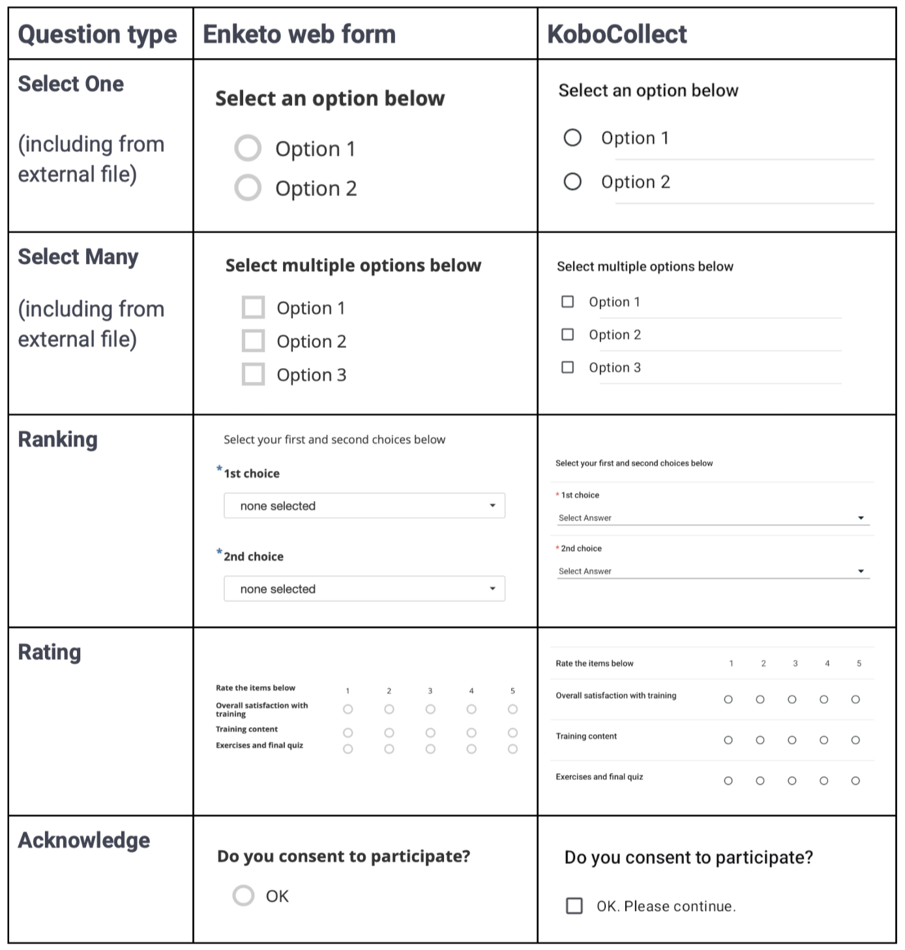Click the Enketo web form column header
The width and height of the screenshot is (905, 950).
pyautogui.click(x=299, y=35)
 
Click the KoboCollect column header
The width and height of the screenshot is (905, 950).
pyautogui.click(x=617, y=35)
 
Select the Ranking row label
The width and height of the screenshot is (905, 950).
pyautogui.click(x=57, y=440)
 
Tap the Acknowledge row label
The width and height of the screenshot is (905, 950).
pyautogui.click(x=83, y=841)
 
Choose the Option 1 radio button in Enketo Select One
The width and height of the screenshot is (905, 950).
pyautogui.click(x=248, y=149)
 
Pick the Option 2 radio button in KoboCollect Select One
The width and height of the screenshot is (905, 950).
pyautogui.click(x=572, y=181)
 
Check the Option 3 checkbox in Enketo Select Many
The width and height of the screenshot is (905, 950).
pyautogui.click(x=253, y=375)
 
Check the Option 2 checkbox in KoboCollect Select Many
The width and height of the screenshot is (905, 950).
pyautogui.click(x=568, y=334)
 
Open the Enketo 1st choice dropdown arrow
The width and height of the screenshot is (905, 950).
pyautogui.click(x=492, y=506)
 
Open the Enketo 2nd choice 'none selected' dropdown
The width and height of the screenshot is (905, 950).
pyautogui.click(x=364, y=589)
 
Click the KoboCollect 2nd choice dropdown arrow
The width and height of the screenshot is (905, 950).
pyautogui.click(x=861, y=571)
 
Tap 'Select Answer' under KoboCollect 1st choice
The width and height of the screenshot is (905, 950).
pyautogui.click(x=585, y=518)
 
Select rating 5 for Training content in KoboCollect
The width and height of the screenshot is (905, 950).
pyautogui.click(x=855, y=740)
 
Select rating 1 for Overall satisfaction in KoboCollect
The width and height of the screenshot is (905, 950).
pyautogui.click(x=728, y=700)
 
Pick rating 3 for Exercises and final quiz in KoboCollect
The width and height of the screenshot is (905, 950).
pyautogui.click(x=792, y=781)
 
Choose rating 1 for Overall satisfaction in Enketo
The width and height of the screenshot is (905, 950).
pyautogui.click(x=348, y=709)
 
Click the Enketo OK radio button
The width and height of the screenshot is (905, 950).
pyautogui.click(x=244, y=896)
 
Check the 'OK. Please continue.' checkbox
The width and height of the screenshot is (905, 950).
pyautogui.click(x=574, y=906)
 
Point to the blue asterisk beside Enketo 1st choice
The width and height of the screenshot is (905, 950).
pyautogui.click(x=220, y=469)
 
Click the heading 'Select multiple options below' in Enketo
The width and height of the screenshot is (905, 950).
pyautogui.click(x=353, y=266)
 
